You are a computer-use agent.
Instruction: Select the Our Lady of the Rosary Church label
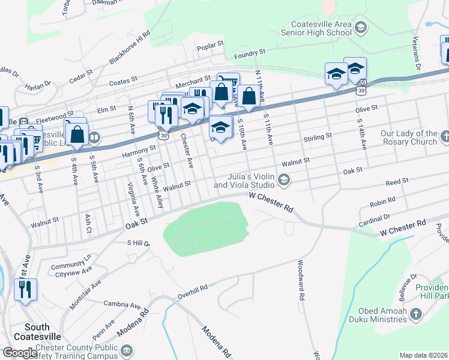[x=409, y=137]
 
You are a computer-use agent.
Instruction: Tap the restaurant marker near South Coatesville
[x=25, y=290]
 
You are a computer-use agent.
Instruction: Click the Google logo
[x=19, y=353]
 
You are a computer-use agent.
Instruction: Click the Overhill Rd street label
[x=192, y=292]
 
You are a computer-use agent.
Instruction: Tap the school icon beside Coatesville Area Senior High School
[x=360, y=27]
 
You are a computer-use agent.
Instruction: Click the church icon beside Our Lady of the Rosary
[x=444, y=137]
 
